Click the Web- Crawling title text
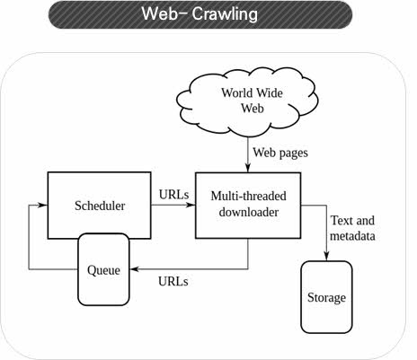pos(200,13)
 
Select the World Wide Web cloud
pos(247,102)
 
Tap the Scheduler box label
pos(100,206)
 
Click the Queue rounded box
pos(103,269)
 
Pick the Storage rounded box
pos(326,297)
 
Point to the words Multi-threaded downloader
pos(249,204)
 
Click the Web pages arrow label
pos(280,153)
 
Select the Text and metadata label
pos(352,228)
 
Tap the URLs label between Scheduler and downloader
pos(173,195)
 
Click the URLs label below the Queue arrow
pos(173,281)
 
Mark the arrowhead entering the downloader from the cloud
pos(248,168)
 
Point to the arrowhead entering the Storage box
pos(326,256)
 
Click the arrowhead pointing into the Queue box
pos(135,269)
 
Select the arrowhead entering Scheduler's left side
pos(43,205)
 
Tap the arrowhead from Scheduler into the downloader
pos(191,205)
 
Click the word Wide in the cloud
pos(270,93)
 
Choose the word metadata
pos(352,236)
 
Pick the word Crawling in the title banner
pos(225,13)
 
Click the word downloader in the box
pos(249,212)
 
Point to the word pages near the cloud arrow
pos(293,154)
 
